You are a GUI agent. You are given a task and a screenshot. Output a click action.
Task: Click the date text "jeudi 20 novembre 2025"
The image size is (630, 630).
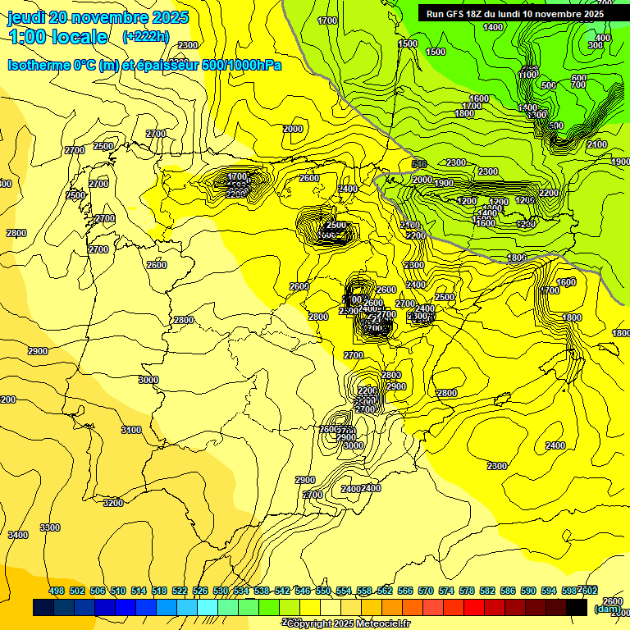click(x=98, y=17)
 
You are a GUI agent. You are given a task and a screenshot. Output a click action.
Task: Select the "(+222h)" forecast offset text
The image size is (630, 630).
click(x=145, y=37)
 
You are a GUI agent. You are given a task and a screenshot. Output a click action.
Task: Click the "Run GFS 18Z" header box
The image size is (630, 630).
click(x=515, y=14)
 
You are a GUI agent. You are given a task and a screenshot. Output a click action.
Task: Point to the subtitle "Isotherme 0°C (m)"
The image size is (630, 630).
click(x=62, y=65)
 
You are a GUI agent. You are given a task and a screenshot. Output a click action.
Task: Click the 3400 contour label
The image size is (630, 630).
click(x=17, y=535)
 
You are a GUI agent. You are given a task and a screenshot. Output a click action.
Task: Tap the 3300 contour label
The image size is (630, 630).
click(x=50, y=527)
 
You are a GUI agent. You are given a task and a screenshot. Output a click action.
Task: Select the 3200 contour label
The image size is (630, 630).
click(x=113, y=503)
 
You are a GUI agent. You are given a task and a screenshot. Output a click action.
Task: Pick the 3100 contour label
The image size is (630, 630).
click(x=130, y=430)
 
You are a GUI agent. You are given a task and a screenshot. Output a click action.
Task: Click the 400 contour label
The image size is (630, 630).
click(x=603, y=38)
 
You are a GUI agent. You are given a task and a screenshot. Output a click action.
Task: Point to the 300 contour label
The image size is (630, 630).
click(x=596, y=46)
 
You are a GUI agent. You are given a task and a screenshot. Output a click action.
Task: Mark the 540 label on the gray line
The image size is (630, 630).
click(x=419, y=165)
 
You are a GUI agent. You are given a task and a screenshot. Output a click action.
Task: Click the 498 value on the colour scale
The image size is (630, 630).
click(x=57, y=591)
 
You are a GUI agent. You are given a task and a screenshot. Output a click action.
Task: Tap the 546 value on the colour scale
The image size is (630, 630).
click(x=303, y=591)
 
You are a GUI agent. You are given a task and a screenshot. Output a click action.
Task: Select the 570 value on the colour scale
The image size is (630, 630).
click(x=426, y=591)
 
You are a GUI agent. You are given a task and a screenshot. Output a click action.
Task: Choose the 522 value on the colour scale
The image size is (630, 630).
click(x=180, y=591)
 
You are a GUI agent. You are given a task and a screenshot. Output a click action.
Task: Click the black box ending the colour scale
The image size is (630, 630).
click(x=577, y=608)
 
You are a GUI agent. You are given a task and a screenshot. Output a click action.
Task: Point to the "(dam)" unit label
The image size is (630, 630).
click(x=608, y=609)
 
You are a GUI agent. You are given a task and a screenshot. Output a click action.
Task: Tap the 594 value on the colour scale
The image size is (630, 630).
click(x=549, y=591)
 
